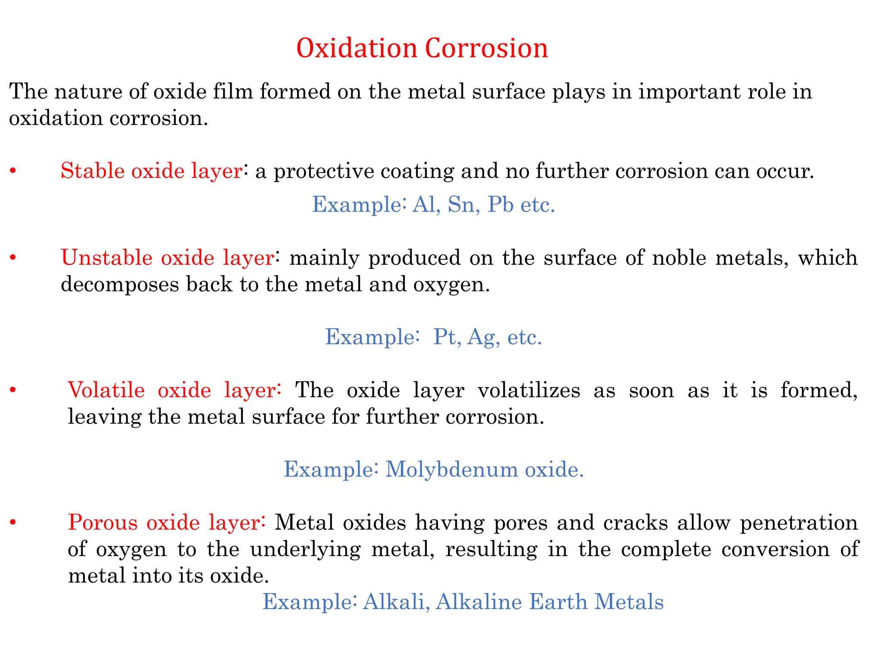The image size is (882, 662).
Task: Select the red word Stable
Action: (92, 171)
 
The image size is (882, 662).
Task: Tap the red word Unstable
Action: (107, 258)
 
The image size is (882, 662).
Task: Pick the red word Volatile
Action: (106, 390)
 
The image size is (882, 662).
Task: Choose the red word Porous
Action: (103, 522)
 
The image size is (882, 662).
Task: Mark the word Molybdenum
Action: (451, 469)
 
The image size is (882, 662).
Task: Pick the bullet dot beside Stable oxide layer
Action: (13, 172)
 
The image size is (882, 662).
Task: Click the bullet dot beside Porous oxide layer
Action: (13, 523)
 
